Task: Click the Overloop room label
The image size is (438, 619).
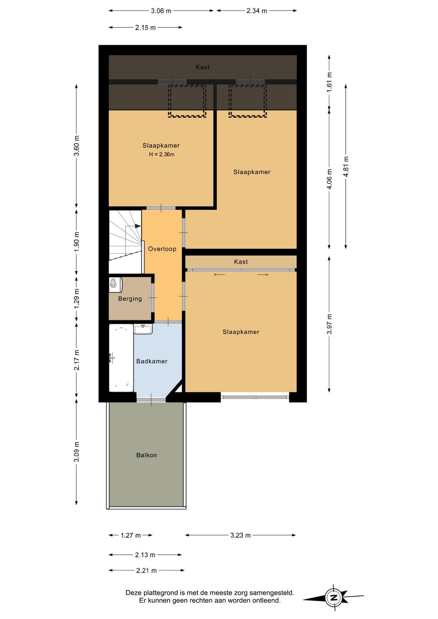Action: point(162,249)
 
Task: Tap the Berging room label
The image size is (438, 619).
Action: point(130,299)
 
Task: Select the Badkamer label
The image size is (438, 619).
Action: point(152,361)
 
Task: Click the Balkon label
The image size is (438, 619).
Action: point(147,455)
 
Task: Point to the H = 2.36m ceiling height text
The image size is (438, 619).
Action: point(162,154)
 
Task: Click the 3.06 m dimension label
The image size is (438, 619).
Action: point(161,11)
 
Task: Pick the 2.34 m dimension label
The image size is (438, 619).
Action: point(257,11)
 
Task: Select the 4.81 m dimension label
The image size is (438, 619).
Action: point(346,166)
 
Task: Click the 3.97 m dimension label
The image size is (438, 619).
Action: point(329,324)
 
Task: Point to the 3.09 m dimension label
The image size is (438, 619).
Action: point(77,452)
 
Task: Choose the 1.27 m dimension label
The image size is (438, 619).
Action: point(131,535)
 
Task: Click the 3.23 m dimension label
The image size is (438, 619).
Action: point(240,535)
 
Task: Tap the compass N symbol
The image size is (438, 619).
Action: point(334,598)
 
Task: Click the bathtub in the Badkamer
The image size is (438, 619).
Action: point(121,357)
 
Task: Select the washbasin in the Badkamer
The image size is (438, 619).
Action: point(143,329)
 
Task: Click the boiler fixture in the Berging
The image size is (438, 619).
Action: point(116,284)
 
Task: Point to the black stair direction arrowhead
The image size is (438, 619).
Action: point(138,226)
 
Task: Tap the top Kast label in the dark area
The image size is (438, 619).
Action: point(203,67)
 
